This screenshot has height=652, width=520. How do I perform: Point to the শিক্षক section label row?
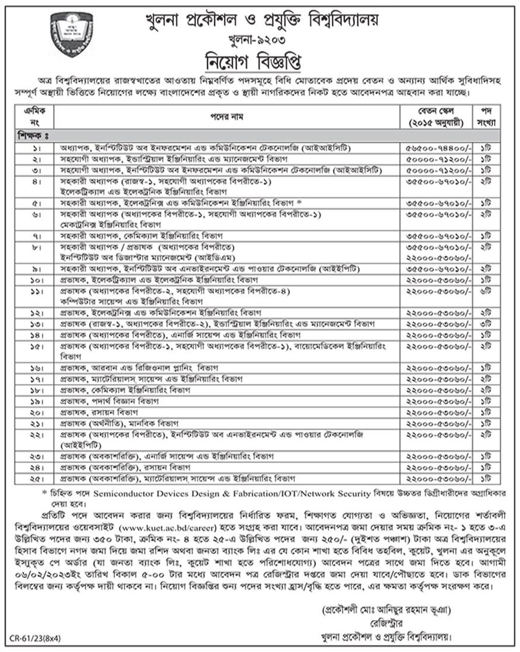[x=32, y=135]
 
